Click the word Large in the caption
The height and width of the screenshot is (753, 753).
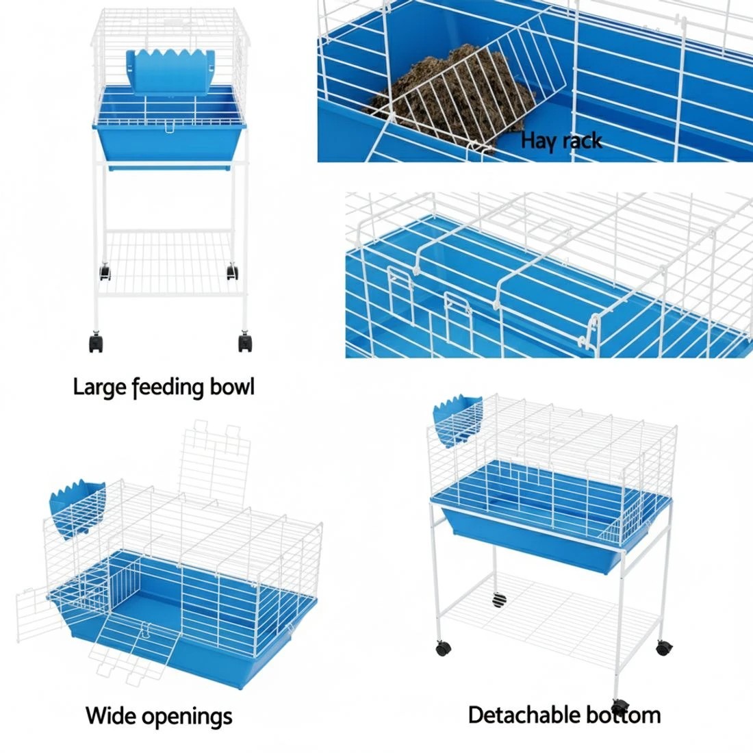click(x=100, y=387)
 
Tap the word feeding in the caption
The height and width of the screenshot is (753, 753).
click(x=167, y=387)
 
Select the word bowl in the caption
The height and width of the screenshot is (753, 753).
click(x=231, y=387)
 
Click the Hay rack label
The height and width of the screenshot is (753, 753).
click(x=561, y=141)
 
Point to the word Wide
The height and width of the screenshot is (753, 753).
click(x=110, y=717)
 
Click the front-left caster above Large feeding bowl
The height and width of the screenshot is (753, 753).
click(x=96, y=342)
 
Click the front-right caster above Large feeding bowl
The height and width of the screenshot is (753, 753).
click(x=245, y=342)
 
